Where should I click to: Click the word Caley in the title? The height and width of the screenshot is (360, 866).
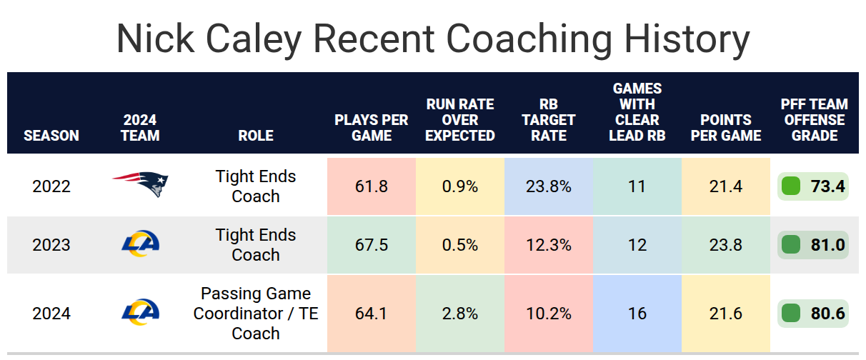click(253, 39)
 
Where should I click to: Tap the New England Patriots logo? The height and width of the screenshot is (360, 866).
click(140, 184)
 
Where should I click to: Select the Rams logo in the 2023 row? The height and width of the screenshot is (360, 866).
click(140, 244)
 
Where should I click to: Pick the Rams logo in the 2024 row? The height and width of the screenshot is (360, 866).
click(140, 312)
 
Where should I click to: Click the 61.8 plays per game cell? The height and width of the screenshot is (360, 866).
click(371, 186)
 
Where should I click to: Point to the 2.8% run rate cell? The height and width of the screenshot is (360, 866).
click(460, 313)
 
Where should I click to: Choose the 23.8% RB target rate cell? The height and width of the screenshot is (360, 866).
click(549, 186)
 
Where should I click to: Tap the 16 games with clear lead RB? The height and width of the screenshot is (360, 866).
click(637, 313)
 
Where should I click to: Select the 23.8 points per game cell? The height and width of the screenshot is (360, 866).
click(726, 245)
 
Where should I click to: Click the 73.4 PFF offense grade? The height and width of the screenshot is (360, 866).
click(827, 186)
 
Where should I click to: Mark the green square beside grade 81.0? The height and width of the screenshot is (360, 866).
click(791, 245)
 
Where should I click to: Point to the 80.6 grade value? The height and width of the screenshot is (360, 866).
click(827, 313)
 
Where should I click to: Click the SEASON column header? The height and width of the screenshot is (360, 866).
click(51, 136)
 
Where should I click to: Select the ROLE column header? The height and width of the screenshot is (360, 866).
click(256, 136)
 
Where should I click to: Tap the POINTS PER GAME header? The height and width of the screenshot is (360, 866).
click(726, 128)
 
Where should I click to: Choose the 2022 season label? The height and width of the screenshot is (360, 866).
click(51, 186)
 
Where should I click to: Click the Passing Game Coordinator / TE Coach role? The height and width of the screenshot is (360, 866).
click(256, 313)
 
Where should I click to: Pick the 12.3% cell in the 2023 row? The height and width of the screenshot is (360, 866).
click(549, 245)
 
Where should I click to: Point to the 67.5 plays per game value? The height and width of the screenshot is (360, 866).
click(371, 245)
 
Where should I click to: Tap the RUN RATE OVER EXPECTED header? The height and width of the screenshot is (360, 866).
click(460, 120)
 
